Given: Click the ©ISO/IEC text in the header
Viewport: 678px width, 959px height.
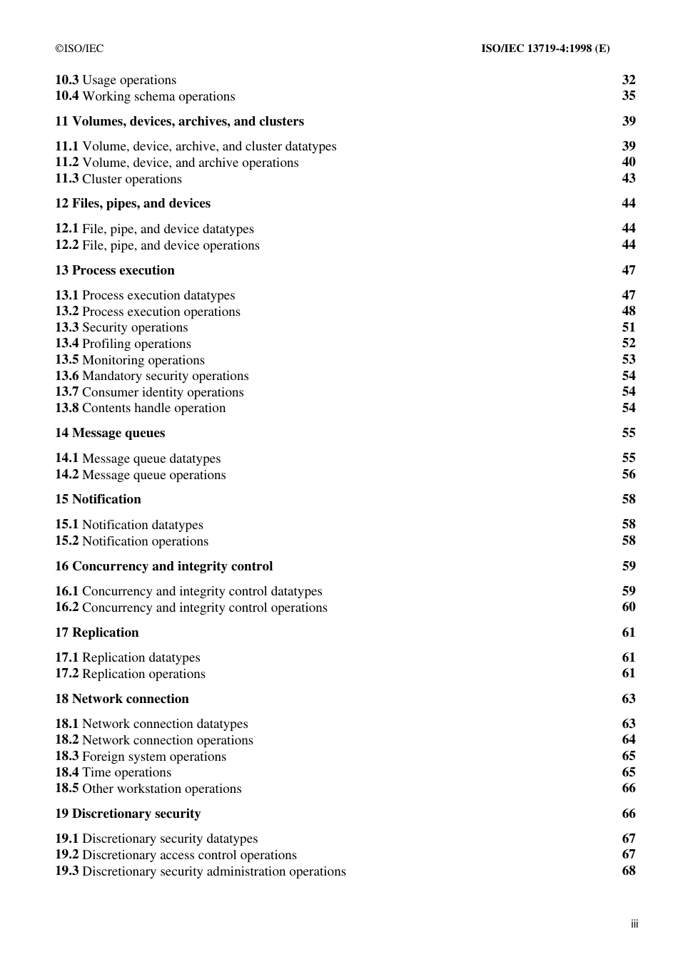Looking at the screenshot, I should point(79,48).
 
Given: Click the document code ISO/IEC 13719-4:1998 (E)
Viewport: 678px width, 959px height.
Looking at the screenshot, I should point(545,48).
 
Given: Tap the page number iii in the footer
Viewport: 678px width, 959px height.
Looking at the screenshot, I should point(634,924).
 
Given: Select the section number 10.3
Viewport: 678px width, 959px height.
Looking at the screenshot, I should point(66,80).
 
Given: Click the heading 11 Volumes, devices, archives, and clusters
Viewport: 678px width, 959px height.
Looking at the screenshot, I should point(179,121).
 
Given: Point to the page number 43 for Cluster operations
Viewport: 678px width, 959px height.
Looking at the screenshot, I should point(628,178).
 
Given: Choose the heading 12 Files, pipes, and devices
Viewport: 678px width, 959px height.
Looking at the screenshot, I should point(133,203).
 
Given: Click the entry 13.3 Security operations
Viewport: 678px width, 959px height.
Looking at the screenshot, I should point(121,327).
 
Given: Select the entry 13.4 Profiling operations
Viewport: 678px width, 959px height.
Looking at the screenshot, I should point(123,344).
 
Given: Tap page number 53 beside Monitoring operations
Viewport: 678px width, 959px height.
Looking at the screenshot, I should point(628,359).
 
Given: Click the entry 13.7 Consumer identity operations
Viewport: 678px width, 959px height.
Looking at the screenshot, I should point(149,392).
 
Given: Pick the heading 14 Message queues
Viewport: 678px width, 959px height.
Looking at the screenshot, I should point(110,433).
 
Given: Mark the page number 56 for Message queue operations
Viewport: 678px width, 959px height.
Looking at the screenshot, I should point(628,474).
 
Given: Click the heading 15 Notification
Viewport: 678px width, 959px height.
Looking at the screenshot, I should point(98,499).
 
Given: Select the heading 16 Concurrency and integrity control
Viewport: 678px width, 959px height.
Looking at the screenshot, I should point(163,566).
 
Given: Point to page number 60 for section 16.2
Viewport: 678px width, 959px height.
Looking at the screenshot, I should point(628,607).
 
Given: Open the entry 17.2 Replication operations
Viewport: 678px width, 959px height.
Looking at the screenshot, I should point(130,674).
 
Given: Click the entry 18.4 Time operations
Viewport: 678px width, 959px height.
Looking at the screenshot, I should point(113,772).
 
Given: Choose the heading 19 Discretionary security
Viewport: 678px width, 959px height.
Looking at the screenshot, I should point(128,814).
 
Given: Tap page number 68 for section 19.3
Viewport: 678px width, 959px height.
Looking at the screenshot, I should point(628,871).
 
